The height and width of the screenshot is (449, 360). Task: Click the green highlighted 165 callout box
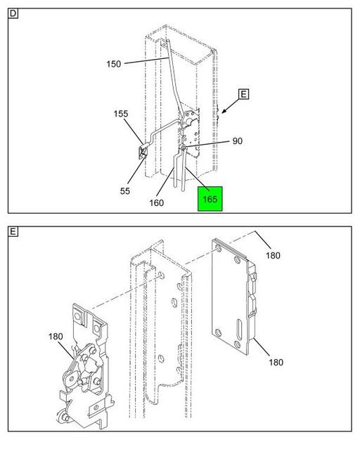click(210, 199)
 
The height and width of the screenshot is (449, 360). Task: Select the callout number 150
click(114, 64)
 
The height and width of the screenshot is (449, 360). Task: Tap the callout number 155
click(121, 114)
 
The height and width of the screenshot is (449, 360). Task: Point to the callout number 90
click(238, 141)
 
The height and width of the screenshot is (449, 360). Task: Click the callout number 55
click(125, 191)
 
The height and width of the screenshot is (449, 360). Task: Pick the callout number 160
click(157, 203)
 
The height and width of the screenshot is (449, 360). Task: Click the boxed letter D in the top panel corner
click(13, 13)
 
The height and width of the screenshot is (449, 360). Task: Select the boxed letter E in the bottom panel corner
click(13, 231)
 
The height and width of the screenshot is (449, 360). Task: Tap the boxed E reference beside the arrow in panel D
click(243, 94)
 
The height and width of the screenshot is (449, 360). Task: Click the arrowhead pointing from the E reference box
click(223, 111)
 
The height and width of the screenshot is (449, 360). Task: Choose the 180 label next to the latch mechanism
click(56, 336)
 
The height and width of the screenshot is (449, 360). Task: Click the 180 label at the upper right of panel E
click(273, 255)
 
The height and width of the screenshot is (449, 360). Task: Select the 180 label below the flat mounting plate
click(276, 363)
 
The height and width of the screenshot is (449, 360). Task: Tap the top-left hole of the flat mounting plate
click(219, 248)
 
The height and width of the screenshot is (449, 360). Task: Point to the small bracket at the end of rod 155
click(143, 151)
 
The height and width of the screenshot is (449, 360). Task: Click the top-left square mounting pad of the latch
click(77, 316)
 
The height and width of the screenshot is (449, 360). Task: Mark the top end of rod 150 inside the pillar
click(167, 41)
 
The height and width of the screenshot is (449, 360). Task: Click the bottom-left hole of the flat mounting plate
click(219, 333)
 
